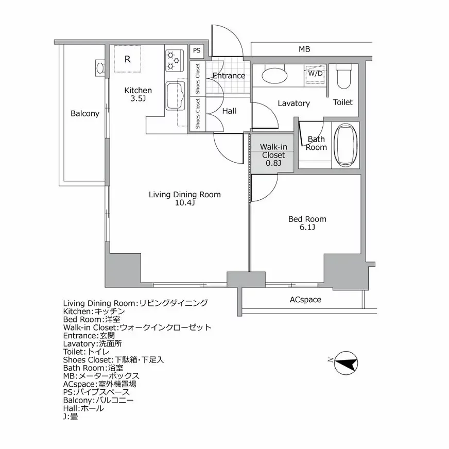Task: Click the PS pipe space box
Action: pyautogui.click(x=197, y=50)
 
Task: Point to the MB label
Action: pyautogui.click(x=305, y=49)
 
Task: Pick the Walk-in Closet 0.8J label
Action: pyautogui.click(x=273, y=155)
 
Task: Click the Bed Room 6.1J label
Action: pyautogui.click(x=307, y=223)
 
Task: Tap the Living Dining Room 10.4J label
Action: pyautogui.click(x=184, y=198)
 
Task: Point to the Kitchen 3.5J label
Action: pyautogui.click(x=138, y=94)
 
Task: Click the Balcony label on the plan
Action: pyautogui.click(x=84, y=114)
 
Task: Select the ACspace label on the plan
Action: pyautogui.click(x=305, y=299)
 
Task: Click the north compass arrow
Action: pyautogui.click(x=346, y=364)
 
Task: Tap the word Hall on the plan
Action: pyautogui.click(x=229, y=111)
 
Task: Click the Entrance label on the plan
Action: pyautogui.click(x=229, y=76)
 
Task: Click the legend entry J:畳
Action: pyautogui.click(x=71, y=416)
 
